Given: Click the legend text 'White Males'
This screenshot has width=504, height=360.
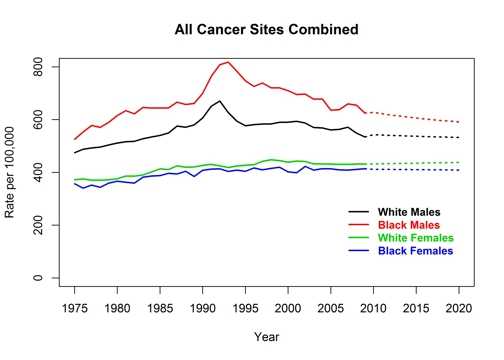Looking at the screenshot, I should [x=408, y=212].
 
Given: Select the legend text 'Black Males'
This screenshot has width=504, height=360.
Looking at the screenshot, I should [x=408, y=225].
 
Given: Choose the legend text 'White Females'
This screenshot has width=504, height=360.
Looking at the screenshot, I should [x=415, y=238].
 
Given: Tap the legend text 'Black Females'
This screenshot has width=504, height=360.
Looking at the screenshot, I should [x=415, y=251].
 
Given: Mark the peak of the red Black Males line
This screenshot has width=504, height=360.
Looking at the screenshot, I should [x=228, y=62].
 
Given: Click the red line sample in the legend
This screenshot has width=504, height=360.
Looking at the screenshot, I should [x=355, y=225].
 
